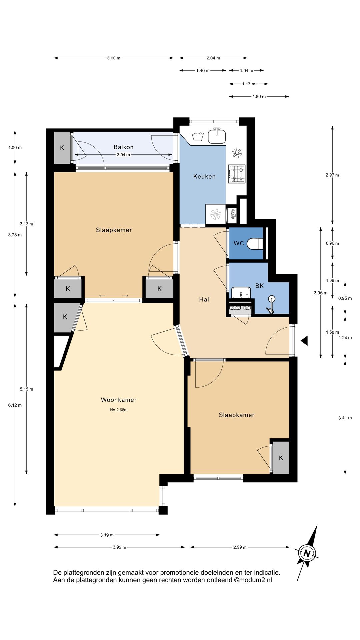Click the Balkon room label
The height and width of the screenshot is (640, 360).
[123, 147]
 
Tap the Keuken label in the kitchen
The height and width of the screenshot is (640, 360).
[204, 177]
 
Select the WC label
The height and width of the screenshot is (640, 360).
[239, 243]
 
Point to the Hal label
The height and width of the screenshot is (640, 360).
[204, 300]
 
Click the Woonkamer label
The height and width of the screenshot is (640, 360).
[119, 400]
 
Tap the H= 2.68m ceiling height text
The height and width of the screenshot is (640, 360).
[119, 410]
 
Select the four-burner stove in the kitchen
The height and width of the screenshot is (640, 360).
[237, 174]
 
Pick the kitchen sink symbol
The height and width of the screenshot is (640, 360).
[217, 136]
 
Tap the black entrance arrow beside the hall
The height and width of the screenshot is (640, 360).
[304, 341]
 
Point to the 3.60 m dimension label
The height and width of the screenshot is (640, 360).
[114, 58]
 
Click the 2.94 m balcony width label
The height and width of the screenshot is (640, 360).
[123, 155]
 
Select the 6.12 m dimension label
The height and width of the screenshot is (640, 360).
[15, 405]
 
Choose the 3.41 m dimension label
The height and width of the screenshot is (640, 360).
[345, 418]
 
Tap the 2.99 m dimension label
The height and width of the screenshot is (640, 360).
[240, 547]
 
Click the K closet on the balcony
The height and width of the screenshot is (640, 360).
[62, 148]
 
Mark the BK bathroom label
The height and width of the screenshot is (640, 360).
[259, 286]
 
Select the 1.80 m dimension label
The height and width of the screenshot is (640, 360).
[259, 97]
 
